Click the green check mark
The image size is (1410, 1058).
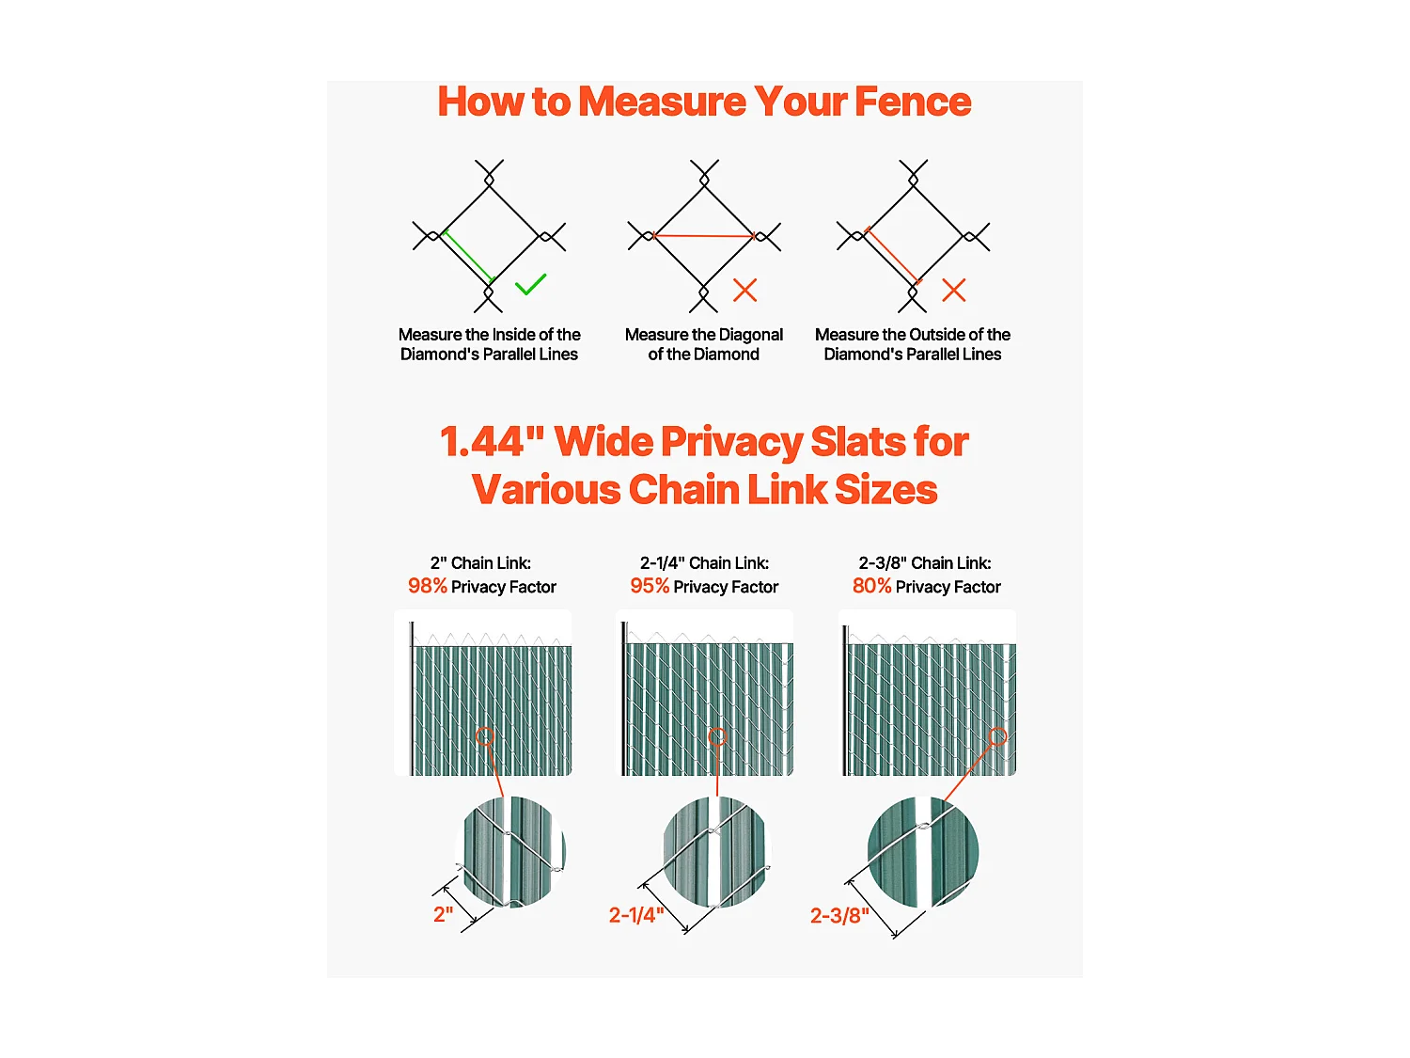tap(530, 285)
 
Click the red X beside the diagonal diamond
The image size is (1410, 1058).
tap(745, 291)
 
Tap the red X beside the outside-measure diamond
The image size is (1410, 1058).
tap(954, 291)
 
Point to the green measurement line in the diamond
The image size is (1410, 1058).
tap(469, 257)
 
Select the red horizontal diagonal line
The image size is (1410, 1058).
tap(704, 236)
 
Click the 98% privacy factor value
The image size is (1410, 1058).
tap(427, 586)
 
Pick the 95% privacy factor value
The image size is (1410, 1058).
tap(650, 586)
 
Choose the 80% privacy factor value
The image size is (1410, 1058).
tap(871, 586)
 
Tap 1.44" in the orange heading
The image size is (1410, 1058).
tap(492, 442)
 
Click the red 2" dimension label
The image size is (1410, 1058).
tap(444, 914)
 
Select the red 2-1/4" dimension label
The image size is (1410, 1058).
tap(636, 915)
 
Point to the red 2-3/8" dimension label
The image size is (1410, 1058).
tap(839, 915)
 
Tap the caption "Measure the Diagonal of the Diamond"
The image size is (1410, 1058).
tap(704, 344)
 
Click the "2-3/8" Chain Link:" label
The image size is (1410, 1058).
tap(925, 562)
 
